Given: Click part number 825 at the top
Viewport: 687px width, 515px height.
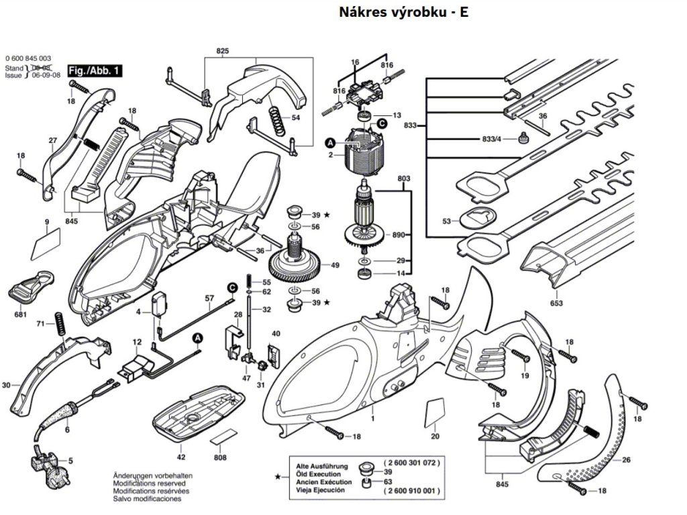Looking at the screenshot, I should [x=223, y=51].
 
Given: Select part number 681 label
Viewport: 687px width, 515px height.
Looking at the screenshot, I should [x=21, y=314].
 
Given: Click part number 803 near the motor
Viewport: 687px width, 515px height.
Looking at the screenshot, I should [x=403, y=179].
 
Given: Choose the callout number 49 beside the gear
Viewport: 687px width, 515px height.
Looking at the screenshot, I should [x=335, y=266].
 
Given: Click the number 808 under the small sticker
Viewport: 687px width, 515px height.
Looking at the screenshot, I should [x=220, y=457].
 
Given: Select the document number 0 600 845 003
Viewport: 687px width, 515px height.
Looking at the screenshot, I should [x=28, y=59].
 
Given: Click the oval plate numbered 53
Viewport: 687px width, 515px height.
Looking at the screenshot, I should [x=477, y=217].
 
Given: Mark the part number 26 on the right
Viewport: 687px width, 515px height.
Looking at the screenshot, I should [x=625, y=460].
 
